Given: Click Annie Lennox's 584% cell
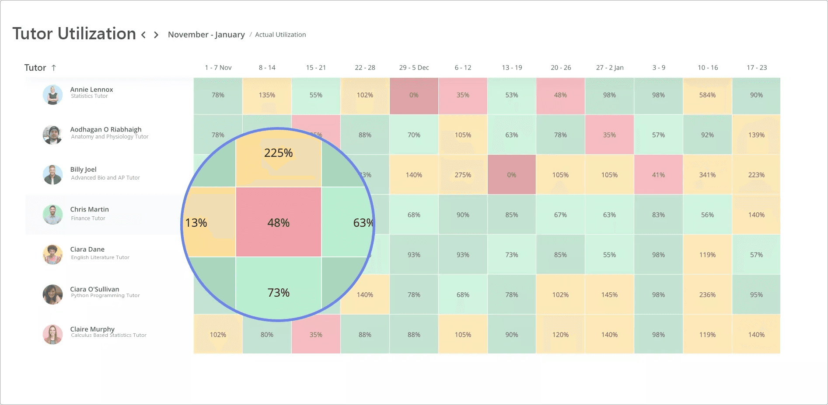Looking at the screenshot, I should (x=707, y=95).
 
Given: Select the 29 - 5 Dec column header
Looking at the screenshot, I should (x=414, y=68).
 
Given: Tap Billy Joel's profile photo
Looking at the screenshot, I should (x=52, y=174).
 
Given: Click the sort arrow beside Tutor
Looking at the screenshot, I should (x=54, y=68).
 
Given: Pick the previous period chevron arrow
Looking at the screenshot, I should (x=143, y=35).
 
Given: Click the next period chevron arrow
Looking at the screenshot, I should (x=156, y=35).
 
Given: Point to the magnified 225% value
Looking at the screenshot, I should (x=278, y=153).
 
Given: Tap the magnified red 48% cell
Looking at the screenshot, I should (x=279, y=222).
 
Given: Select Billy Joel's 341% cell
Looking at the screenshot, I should (x=707, y=175).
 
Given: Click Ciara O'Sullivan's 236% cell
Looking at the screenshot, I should (x=707, y=295).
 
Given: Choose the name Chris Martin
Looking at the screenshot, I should (x=90, y=209).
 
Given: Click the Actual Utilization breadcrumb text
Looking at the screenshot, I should (x=280, y=35).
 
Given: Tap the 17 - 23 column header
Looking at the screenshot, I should (x=757, y=68).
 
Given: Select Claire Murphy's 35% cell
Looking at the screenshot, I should (x=316, y=335).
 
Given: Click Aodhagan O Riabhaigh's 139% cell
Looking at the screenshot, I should (x=756, y=135).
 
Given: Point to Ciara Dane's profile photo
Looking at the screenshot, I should (x=52, y=254).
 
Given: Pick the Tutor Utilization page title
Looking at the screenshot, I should (x=74, y=34).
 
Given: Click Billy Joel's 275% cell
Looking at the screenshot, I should (x=463, y=175).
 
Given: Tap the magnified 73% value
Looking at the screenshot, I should (x=279, y=293).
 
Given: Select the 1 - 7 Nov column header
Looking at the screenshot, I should (x=218, y=68).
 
